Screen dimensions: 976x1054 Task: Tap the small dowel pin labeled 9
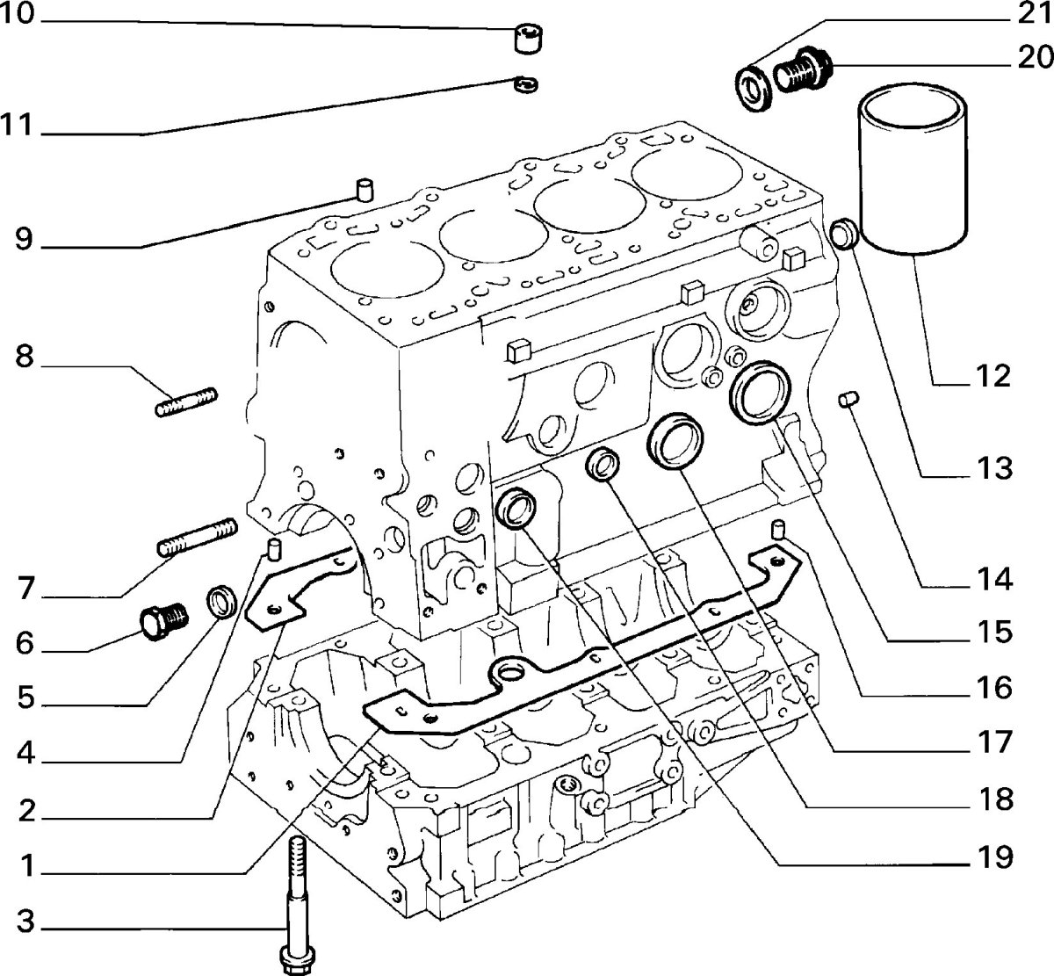pos(364,188)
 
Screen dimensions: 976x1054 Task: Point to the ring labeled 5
pos(222,603)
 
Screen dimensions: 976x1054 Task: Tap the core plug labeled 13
pos(846,235)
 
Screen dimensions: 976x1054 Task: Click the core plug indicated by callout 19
pos(516,509)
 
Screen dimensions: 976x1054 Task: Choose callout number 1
pos(27,868)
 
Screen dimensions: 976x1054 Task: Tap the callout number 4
pos(27,754)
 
